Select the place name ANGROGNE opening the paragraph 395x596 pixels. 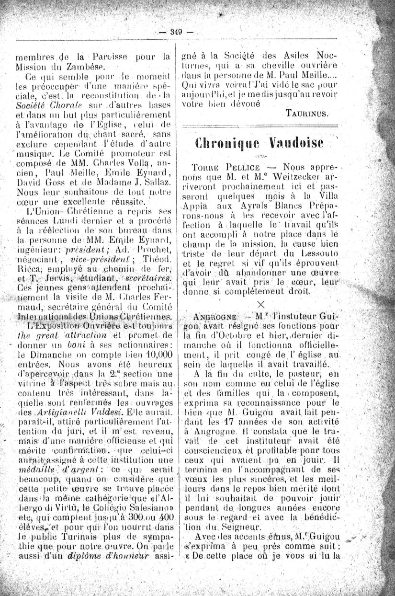213,317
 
